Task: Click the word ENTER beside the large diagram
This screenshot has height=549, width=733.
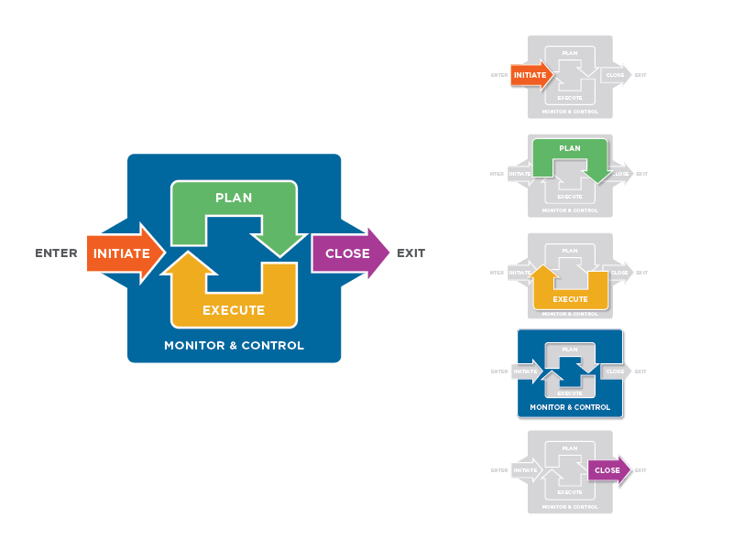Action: point(56,253)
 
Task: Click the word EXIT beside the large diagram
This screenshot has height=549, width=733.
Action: point(410,253)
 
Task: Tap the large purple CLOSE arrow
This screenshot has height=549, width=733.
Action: point(348,253)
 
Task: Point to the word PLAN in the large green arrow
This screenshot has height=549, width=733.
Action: point(234,198)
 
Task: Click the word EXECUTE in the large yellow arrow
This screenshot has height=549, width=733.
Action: point(234,310)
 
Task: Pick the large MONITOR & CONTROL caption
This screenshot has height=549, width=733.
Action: point(234,346)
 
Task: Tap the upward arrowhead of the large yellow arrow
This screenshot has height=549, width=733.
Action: point(188,264)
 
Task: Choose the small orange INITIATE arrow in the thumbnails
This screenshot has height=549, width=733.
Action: point(531,75)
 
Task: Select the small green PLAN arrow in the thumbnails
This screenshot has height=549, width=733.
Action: point(570,149)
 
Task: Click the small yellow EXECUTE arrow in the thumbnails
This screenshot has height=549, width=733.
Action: point(571,297)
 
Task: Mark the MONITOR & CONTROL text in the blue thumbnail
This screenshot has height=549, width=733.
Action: point(570,407)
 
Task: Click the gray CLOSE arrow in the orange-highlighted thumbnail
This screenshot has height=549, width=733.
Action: point(615,75)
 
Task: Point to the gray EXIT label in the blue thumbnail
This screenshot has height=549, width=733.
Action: point(641,371)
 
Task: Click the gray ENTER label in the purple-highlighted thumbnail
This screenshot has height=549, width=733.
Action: point(499,470)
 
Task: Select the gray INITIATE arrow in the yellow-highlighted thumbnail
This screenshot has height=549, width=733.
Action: point(520,273)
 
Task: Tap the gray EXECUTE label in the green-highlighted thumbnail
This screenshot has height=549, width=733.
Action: point(570,197)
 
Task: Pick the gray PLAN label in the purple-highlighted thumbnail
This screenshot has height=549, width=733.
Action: point(570,448)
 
